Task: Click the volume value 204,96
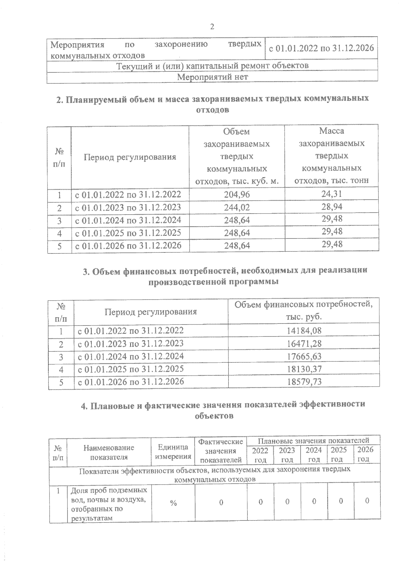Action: pos(237,195)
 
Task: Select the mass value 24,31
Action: pos(332,194)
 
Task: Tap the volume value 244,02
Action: pos(237,208)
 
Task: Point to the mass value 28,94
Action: pos(332,207)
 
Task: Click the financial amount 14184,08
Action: pos(304,330)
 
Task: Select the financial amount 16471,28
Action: pos(304,343)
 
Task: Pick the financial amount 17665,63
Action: pos(304,356)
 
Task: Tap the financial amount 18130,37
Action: pos(304,369)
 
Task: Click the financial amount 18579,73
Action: pos(304,382)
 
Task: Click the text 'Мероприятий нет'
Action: pos(212,77)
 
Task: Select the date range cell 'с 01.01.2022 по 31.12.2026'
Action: pos(321,48)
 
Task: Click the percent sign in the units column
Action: pos(173,503)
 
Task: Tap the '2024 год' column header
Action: pos(314,454)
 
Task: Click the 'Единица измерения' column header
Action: pos(173,452)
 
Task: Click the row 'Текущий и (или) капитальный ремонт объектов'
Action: pos(212,66)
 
